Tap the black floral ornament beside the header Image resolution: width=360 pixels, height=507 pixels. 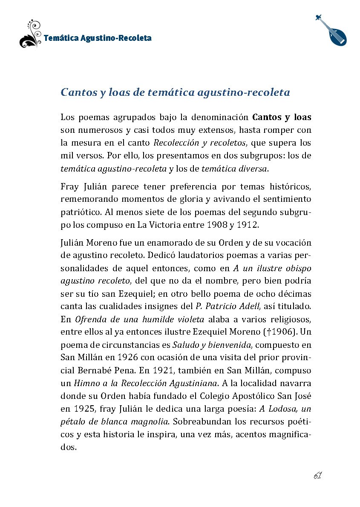pos(30,34)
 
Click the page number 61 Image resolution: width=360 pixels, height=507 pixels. pos(317,475)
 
